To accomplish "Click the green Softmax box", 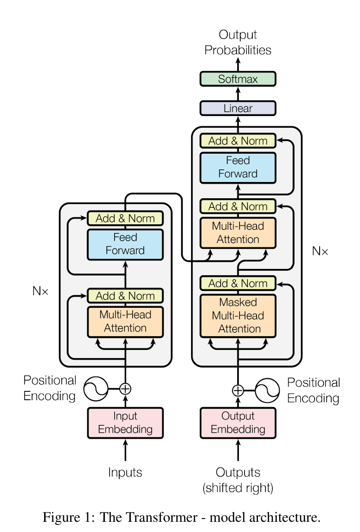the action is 238,79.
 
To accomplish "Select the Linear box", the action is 238,108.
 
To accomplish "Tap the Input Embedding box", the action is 125,423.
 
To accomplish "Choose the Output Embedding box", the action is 238,423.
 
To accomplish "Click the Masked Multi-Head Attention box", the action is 238,316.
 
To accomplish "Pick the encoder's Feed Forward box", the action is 125,244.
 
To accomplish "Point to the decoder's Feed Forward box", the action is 238,168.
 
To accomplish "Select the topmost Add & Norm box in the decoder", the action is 238,141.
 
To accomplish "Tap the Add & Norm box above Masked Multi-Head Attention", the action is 238,283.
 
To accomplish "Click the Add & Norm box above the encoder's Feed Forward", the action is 125,218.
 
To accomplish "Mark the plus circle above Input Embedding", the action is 125,389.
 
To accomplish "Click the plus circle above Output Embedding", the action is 238,390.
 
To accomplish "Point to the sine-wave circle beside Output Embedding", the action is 267,390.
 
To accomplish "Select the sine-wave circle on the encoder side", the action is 96,389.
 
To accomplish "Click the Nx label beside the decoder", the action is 320,251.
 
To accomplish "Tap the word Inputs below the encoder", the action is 125,472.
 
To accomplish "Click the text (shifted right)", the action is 238,488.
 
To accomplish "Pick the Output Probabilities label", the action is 238,42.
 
